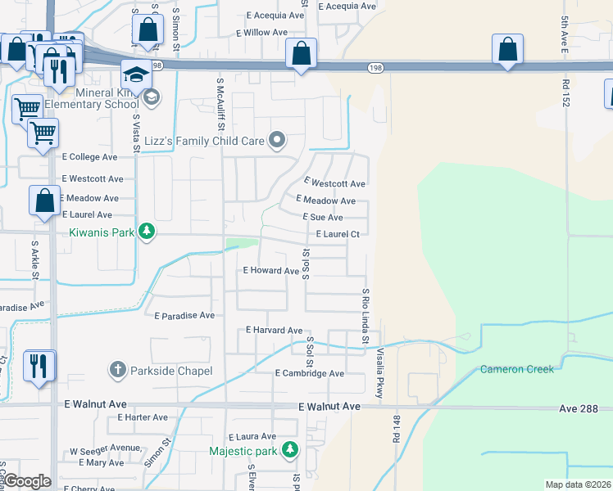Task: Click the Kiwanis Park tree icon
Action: pos(147,232)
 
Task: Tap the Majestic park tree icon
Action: pos(289,449)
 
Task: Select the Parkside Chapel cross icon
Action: pos(117,371)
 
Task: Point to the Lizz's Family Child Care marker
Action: pos(278,141)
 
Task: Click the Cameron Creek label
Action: pos(517,369)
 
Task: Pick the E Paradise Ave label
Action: pos(184,315)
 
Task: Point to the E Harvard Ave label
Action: pos(275,330)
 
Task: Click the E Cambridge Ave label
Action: pos(309,373)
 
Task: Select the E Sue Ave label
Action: pos(322,218)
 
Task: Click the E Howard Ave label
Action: pos(271,271)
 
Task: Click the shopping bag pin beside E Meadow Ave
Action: pos(44,200)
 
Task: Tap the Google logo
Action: pos(27,481)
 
